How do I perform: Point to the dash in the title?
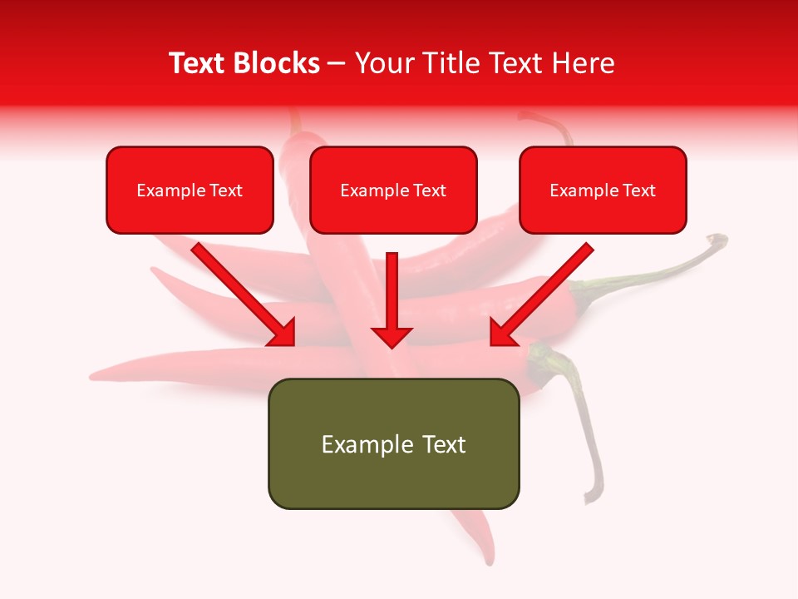pyautogui.click(x=337, y=64)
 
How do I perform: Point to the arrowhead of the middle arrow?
pyautogui.click(x=392, y=336)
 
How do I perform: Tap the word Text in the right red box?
pyautogui.click(x=639, y=191)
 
